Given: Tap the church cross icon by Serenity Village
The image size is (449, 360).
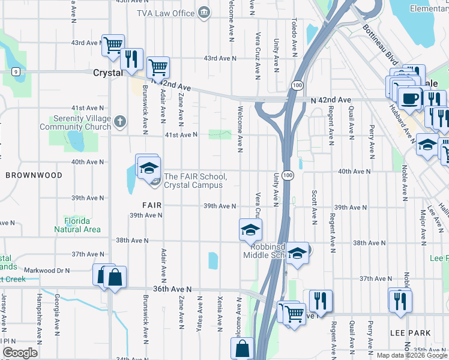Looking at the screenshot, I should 120,122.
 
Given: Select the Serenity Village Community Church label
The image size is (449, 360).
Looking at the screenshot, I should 75,123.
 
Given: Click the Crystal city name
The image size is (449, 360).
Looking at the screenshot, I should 108,73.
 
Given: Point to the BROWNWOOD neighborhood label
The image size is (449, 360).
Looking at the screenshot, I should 34,175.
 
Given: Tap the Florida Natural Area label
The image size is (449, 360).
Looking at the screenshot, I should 77,225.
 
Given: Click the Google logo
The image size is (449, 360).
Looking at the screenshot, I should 19,353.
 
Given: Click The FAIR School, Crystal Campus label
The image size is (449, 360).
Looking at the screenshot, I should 195,181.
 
